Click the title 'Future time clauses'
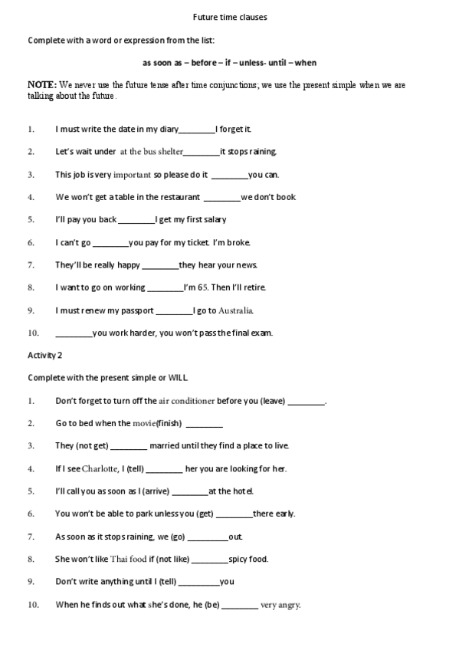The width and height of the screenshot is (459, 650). click(229, 18)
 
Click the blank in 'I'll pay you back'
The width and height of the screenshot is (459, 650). click(136, 220)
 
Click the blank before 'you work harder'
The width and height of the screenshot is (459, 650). click(73, 333)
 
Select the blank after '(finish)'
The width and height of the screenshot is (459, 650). click(204, 423)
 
